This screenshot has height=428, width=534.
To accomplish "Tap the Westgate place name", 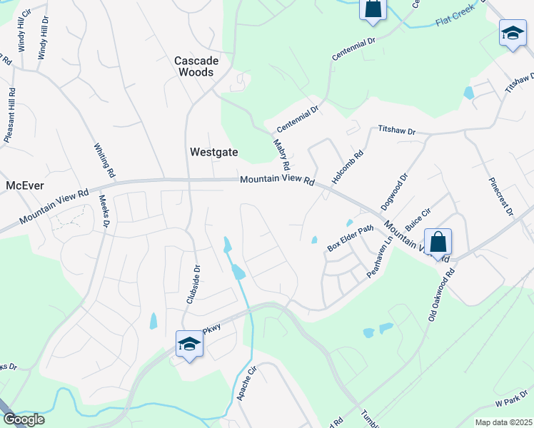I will pos(213,151).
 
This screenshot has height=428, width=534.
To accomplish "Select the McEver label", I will pos(25,185).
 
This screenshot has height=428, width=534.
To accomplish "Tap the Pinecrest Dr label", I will pos(500,197).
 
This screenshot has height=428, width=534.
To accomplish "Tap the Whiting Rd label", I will pos(104,160).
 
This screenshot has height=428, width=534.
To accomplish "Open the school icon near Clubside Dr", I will pos(189,345).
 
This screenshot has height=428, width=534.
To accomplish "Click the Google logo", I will pos(23,419).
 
